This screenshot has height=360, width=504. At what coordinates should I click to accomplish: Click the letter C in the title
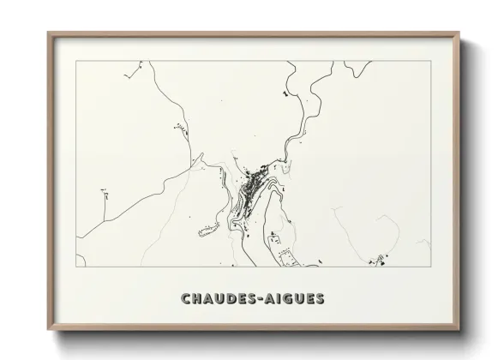point(186,299)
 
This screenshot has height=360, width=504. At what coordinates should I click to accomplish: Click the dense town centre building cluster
point(249,183)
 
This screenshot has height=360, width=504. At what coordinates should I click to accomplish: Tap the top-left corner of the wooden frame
point(48,33)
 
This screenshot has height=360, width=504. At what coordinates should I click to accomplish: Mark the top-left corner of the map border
point(76,61)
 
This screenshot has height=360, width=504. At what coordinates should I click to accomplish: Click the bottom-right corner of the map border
point(429,267)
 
